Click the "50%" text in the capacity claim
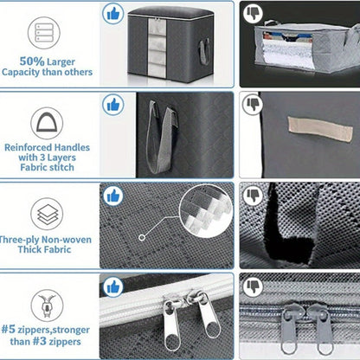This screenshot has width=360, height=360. click(x=32, y=61)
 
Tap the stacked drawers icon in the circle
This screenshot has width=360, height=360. click(x=44, y=33)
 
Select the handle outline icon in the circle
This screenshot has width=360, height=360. click(x=47, y=123)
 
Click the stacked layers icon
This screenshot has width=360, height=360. click(x=47, y=214)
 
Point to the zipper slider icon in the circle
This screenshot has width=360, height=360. click(x=47, y=305)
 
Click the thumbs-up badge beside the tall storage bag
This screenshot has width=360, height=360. click(x=113, y=14)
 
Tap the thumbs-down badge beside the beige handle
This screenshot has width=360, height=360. click(x=253, y=104)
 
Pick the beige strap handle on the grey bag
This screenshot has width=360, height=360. click(x=320, y=129)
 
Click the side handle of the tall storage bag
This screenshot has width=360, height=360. click(x=204, y=51)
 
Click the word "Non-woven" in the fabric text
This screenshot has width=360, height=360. click(x=67, y=240)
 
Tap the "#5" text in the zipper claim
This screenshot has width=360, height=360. click(x=8, y=329)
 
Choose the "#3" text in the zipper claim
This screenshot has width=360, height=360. click(x=39, y=342)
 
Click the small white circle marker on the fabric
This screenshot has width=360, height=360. click(x=142, y=238)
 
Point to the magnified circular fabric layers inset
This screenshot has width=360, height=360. click(x=206, y=211)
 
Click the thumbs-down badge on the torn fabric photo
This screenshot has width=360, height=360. click(x=253, y=196)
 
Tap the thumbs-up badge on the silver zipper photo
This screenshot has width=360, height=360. click(x=113, y=287)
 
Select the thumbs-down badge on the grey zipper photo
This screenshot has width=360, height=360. click(x=253, y=286)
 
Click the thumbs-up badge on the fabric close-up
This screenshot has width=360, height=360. click(x=113, y=196)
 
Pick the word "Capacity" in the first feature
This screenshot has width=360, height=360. click(x=21, y=72)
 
